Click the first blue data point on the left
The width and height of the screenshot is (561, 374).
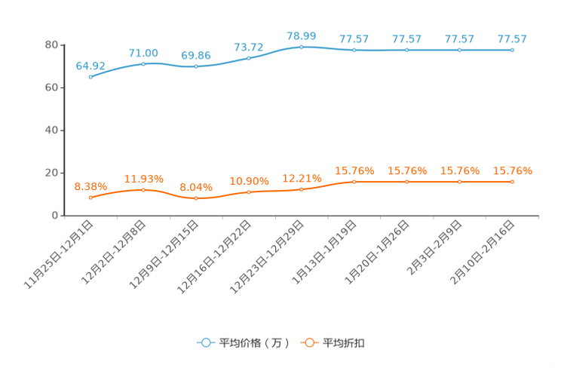click(x=90, y=76)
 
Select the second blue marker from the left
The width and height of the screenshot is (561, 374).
click(x=143, y=63)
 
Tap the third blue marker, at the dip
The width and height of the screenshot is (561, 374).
click(x=195, y=66)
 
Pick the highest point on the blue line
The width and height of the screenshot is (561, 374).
click(x=301, y=47)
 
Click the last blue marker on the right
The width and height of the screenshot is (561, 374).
click(x=512, y=50)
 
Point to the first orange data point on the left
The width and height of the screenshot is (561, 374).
click(x=90, y=198)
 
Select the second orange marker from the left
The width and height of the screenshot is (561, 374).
click(x=143, y=190)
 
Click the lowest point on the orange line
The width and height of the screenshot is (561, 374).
click(x=195, y=198)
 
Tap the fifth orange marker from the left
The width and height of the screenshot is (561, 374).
click(x=301, y=189)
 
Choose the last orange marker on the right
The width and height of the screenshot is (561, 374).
click(x=512, y=181)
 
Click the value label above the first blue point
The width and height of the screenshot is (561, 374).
click(x=90, y=66)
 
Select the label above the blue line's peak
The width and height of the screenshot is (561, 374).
click(x=301, y=35)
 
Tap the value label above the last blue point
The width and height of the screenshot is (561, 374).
click(x=512, y=39)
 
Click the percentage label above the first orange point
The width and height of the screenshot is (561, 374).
click(x=90, y=185)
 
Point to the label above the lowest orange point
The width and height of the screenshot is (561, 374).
click(x=195, y=186)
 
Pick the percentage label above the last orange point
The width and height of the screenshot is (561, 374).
click(x=512, y=171)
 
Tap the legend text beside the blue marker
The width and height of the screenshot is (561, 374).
click(x=253, y=343)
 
